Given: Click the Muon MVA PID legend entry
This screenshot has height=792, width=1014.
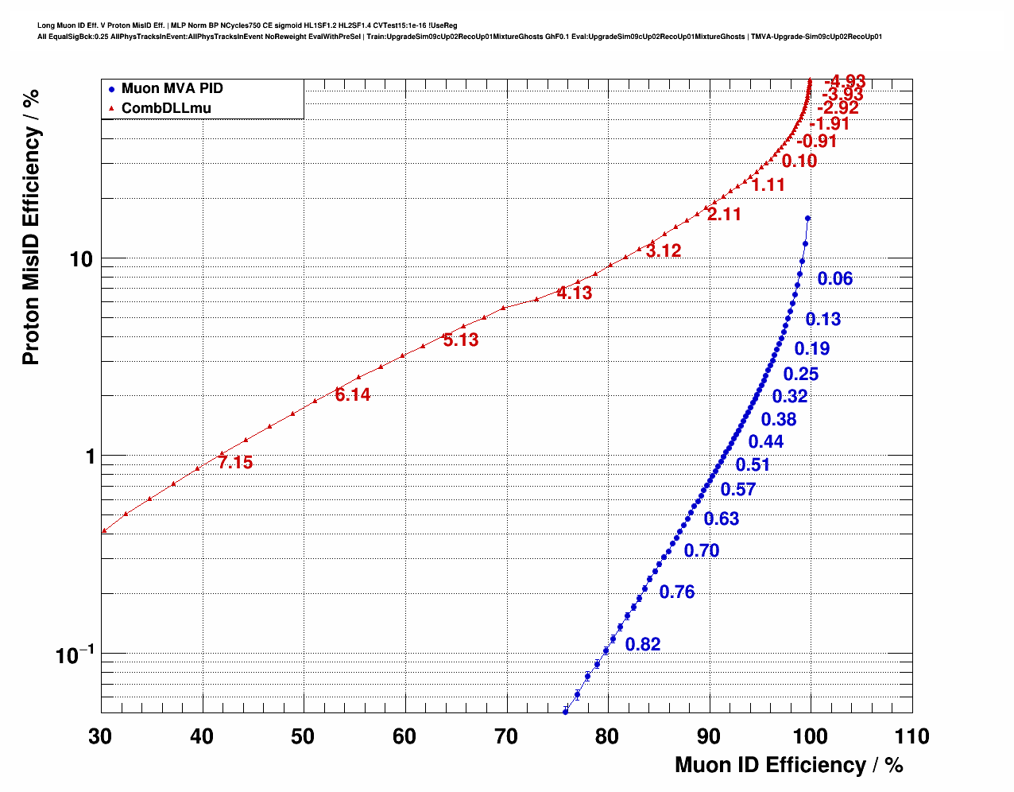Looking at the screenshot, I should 172,88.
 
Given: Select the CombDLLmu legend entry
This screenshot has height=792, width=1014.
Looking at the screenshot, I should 166,108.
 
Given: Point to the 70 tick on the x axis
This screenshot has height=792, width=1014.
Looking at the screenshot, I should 506,736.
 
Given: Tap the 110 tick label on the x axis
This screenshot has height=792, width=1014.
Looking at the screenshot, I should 911,736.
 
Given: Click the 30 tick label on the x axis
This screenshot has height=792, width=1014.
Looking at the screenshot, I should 100,736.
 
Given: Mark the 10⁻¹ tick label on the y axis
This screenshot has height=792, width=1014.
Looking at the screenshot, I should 75,655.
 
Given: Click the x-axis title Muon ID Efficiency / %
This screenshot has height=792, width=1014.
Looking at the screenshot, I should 788,765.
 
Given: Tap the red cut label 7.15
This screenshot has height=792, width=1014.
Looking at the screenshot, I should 235,463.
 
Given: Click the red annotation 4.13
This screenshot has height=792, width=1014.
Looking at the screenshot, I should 574,293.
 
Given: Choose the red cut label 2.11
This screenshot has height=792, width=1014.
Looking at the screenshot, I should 724,215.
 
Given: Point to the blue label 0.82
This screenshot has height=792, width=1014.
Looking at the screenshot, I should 642,645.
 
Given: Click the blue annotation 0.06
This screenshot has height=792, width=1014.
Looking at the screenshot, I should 834,278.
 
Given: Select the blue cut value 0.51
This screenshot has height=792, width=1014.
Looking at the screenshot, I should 753,465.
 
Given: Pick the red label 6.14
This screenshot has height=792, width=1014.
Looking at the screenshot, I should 352,395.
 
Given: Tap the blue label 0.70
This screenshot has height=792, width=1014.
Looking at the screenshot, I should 701,550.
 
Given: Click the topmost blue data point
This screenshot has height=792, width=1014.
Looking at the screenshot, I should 807,218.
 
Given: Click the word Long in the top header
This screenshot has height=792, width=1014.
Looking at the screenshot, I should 45,25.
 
